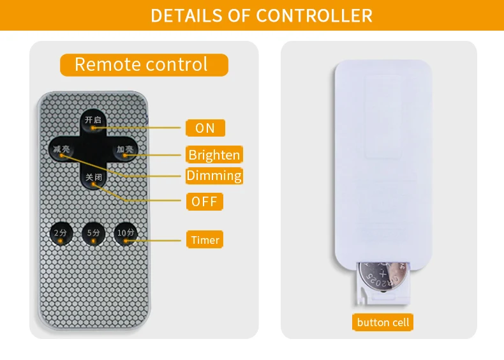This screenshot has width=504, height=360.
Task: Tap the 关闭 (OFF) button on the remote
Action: (93, 178)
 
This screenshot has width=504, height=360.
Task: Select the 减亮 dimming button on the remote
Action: (62, 150)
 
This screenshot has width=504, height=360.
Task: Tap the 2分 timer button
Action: (60, 234)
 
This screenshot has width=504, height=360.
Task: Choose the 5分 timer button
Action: (93, 234)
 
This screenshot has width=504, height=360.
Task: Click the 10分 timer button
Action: (125, 234)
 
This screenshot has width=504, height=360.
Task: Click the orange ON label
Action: (205, 128)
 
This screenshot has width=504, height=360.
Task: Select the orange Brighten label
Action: (214, 154)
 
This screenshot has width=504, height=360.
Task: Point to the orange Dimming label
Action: (214, 176)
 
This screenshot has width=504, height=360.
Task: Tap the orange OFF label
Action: (205, 202)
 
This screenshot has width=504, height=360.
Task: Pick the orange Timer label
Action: (205, 240)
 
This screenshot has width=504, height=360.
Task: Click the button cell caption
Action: (383, 322)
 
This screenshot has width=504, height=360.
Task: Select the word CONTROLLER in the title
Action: (315, 15)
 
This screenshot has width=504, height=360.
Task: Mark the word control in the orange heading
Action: (177, 64)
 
